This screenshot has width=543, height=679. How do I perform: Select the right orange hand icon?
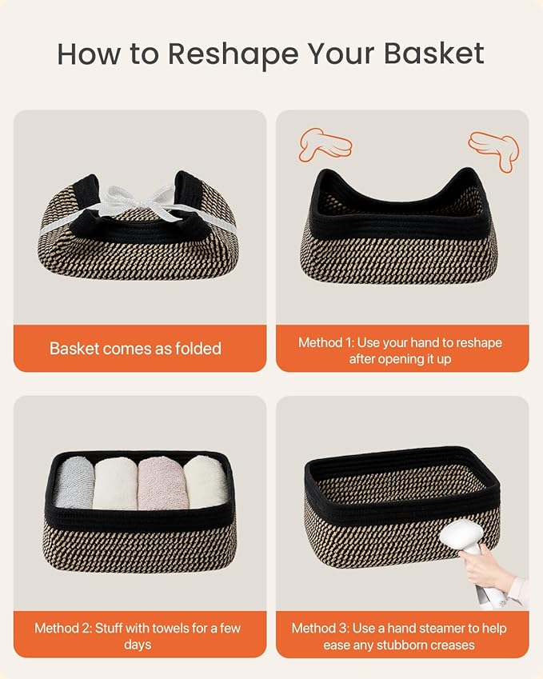click(x=494, y=150)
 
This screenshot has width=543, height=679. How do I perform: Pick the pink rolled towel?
click(x=162, y=483)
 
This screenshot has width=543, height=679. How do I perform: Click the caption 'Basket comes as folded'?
click(x=135, y=348)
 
